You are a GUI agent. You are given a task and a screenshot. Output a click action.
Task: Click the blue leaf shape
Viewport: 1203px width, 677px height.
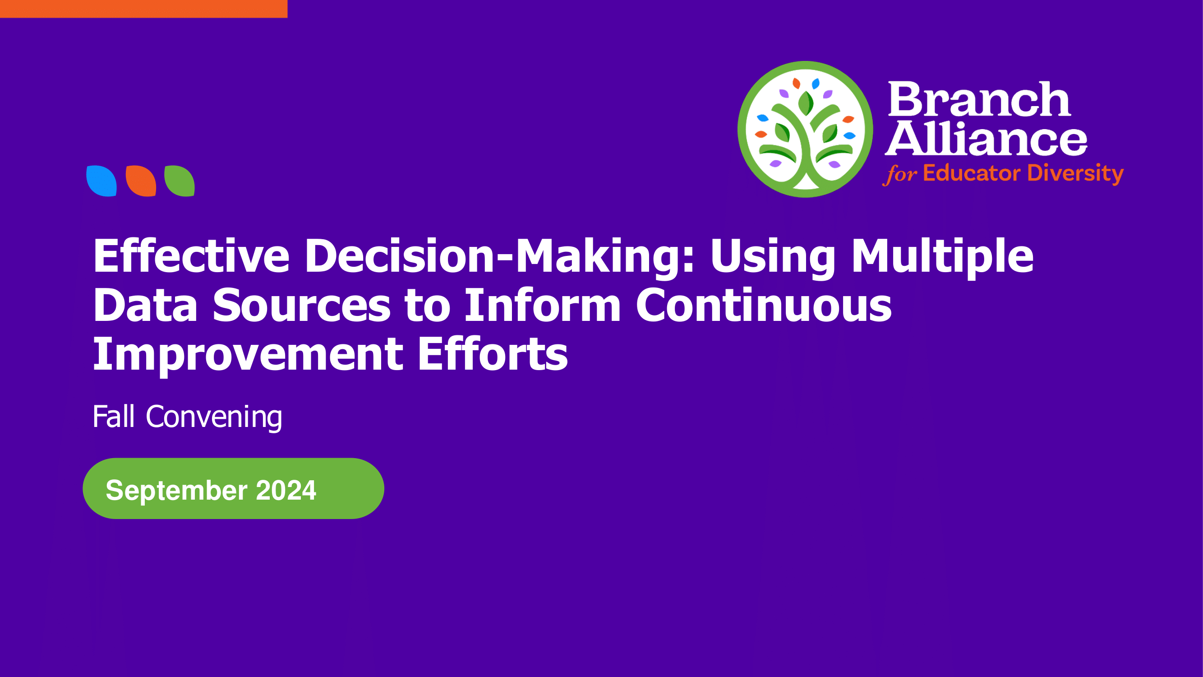pyautogui.click(x=101, y=181)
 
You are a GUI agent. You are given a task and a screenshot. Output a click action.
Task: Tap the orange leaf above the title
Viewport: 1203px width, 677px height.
pyautogui.click(x=141, y=181)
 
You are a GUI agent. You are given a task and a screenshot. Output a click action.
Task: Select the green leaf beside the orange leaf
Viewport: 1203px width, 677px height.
pyautogui.click(x=180, y=181)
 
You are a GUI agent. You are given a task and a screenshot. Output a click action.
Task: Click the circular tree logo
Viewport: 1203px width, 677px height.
pyautogui.click(x=805, y=130)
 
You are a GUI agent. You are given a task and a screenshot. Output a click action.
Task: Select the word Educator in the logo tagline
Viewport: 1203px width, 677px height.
pyautogui.click(x=971, y=173)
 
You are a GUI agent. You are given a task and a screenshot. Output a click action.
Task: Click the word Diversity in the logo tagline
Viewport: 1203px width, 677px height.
pyautogui.click(x=1075, y=174)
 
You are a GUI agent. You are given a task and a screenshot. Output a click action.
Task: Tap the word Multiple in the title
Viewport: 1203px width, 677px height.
pyautogui.click(x=942, y=258)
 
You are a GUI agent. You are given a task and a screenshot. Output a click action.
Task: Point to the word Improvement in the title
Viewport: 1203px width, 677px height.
pyautogui.click(x=248, y=356)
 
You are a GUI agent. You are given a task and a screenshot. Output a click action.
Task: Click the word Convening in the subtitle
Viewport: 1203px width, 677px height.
pyautogui.click(x=214, y=417)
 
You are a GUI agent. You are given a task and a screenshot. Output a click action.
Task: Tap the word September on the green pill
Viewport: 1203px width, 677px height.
pyautogui.click(x=176, y=491)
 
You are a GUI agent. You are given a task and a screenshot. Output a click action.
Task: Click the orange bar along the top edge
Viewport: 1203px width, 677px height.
pyautogui.click(x=143, y=9)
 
